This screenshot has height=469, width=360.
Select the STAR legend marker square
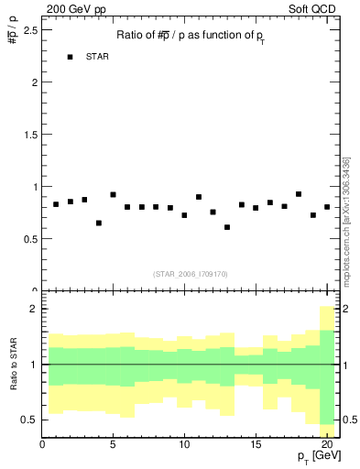pyautogui.click(x=71, y=57)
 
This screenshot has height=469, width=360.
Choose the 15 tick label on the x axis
pyautogui.click(x=255, y=446)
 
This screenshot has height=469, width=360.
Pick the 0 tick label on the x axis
pyautogui.click(x=42, y=446)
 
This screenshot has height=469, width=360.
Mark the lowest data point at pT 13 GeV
pyautogui.click(x=227, y=227)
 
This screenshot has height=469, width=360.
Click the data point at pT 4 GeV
pyautogui.click(x=99, y=223)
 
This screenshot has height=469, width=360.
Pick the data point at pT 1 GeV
pyautogui.click(x=56, y=204)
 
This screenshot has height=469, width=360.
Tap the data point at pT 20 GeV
pyautogui.click(x=327, y=207)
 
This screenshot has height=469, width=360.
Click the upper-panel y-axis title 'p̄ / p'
pyautogui.click(x=13, y=36)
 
